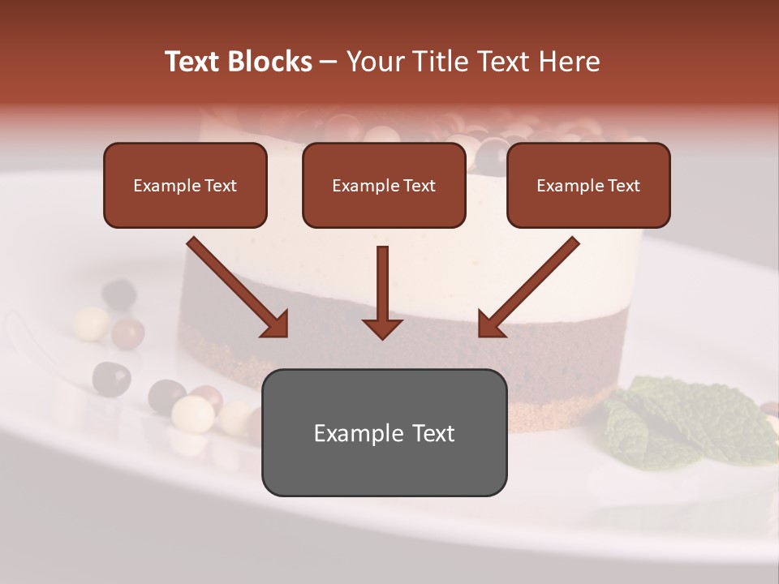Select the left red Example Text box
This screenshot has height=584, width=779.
point(185,186)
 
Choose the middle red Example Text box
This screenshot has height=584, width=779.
point(384,186)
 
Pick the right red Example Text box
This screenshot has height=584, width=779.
point(588,186)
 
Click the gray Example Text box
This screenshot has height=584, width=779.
point(384,432)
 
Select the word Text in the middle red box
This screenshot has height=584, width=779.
point(420,186)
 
